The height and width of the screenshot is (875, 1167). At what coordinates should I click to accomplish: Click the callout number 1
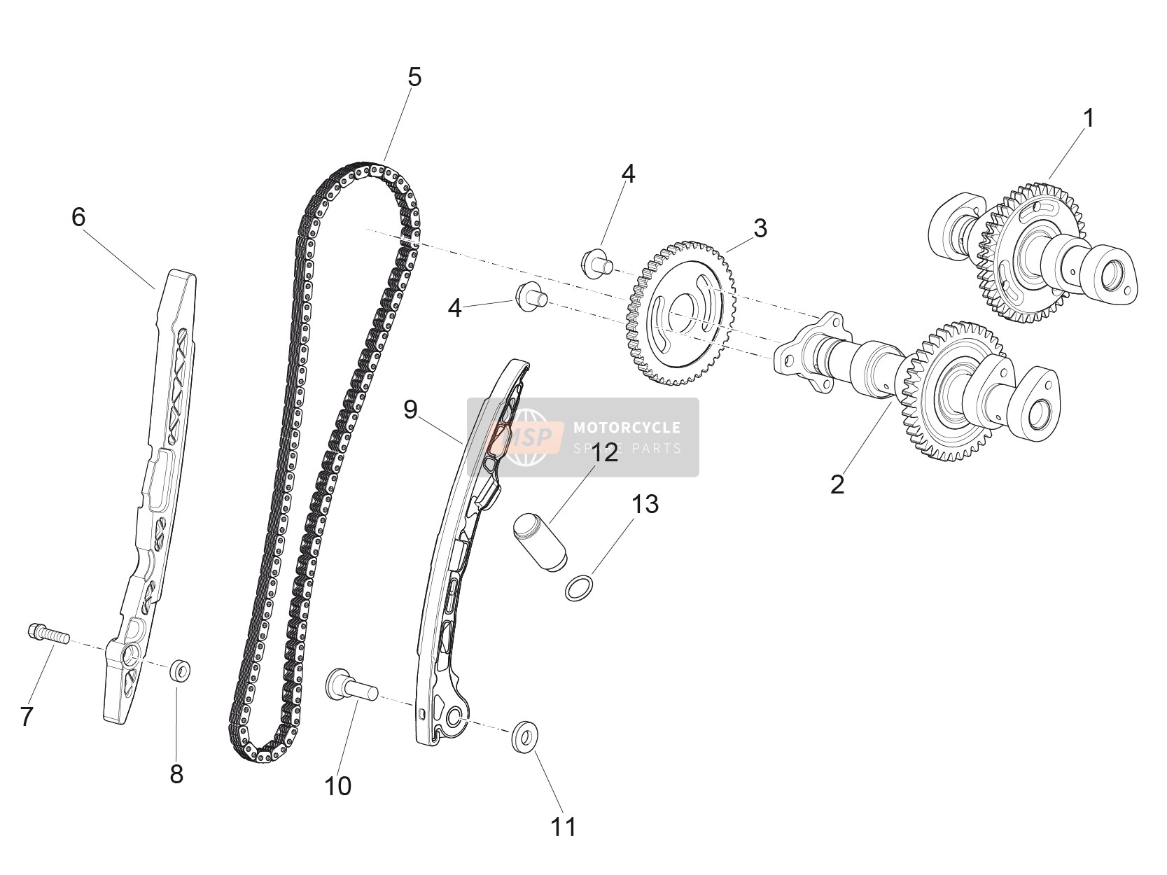click(x=1089, y=118)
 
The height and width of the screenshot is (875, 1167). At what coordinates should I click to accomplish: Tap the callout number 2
click(x=837, y=484)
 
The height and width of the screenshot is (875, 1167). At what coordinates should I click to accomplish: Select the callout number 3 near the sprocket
click(x=760, y=228)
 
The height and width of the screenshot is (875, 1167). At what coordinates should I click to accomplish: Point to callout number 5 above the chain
click(x=414, y=77)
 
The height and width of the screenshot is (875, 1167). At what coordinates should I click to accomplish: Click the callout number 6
click(x=78, y=217)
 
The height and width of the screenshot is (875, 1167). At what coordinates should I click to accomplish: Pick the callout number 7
click(x=27, y=716)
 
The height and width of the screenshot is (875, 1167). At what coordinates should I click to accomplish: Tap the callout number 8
click(x=176, y=774)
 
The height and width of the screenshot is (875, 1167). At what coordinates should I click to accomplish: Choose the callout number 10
click(x=337, y=785)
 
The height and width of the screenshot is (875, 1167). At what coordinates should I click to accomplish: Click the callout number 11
click(x=563, y=827)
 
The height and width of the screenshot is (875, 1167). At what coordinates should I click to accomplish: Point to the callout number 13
click(x=645, y=504)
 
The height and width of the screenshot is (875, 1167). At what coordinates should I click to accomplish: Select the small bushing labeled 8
click(x=180, y=671)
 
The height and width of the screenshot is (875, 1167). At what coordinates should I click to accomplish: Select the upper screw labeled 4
click(x=597, y=262)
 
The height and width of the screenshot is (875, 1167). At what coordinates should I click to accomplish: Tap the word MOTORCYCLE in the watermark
click(x=627, y=428)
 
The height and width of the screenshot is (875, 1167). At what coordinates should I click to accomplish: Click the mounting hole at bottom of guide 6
click(x=129, y=657)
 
